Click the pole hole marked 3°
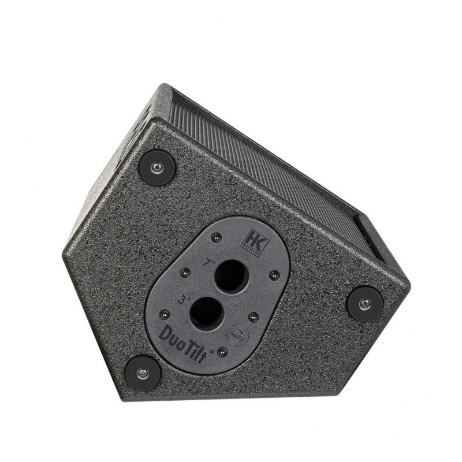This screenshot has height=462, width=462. coord(205,312)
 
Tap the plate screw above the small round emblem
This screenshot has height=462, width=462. coord(252,315)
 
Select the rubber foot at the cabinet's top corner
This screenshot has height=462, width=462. coord(157,167)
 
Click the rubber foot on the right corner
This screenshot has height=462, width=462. coord(364,303)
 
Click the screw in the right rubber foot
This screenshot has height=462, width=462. coord(364,303)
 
